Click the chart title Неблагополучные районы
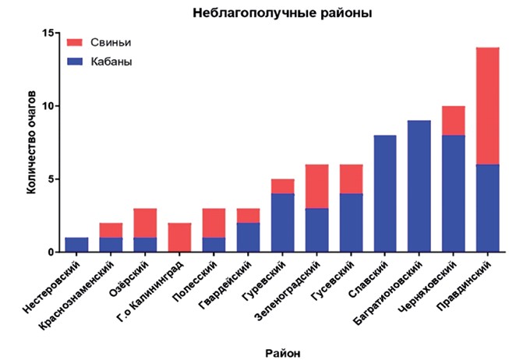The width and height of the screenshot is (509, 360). (x=282, y=13)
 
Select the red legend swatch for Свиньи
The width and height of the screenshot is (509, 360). (x=75, y=43)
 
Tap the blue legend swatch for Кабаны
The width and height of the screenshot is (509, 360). (x=75, y=62)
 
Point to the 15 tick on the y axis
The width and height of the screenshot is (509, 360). (x=48, y=33)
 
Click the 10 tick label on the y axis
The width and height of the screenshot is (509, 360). (x=48, y=106)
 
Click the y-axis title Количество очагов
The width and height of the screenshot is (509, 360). (x=31, y=143)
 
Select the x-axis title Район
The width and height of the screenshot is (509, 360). (x=283, y=353)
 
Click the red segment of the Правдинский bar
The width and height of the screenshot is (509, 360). (x=488, y=106)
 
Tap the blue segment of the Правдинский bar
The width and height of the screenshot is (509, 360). (x=488, y=208)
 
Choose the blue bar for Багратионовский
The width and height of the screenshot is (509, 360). (x=419, y=186)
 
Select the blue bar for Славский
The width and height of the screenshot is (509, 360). (x=385, y=193)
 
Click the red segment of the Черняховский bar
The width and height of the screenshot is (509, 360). (x=454, y=121)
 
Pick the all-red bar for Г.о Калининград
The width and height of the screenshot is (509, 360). (x=179, y=238)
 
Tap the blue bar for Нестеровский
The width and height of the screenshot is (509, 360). (x=76, y=245)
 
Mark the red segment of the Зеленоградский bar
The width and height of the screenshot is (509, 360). (x=316, y=186)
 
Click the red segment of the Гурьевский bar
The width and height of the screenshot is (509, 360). (x=282, y=186)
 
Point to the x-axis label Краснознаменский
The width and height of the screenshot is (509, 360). (x=76, y=295)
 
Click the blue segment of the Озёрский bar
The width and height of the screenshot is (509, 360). (x=145, y=245)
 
